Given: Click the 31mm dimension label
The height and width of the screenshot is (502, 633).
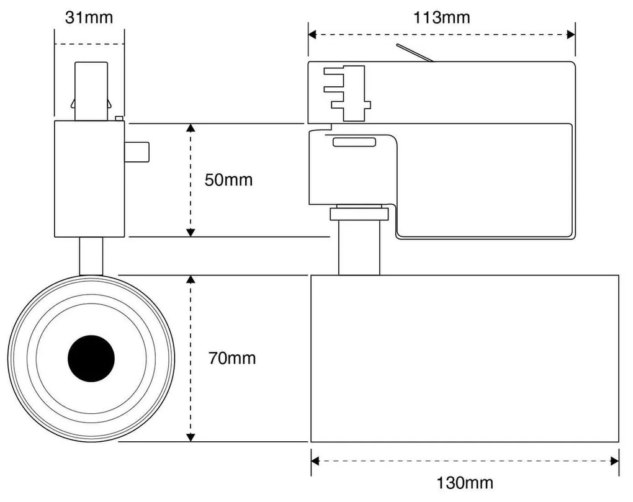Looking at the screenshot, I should pyautogui.click(x=89, y=17).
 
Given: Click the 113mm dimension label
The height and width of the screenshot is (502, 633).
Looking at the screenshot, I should pyautogui.click(x=442, y=17).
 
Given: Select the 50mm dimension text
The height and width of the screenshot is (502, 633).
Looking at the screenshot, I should pyautogui.click(x=228, y=180).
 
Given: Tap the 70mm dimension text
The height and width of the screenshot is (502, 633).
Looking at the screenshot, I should pyautogui.click(x=231, y=358).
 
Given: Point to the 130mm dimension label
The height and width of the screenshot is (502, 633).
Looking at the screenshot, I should pyautogui.click(x=465, y=482).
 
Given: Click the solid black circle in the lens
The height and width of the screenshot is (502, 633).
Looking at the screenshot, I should pyautogui.click(x=91, y=358).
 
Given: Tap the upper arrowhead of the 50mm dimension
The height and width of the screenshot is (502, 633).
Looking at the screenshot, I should pyautogui.click(x=191, y=128).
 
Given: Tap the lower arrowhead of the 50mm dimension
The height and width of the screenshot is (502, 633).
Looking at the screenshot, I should pyautogui.click(x=191, y=232).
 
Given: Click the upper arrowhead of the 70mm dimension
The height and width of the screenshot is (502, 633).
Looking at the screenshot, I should pyautogui.click(x=191, y=280).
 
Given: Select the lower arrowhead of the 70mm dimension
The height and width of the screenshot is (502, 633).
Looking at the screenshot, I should pyautogui.click(x=191, y=437).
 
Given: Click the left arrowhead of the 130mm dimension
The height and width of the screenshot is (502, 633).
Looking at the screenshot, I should pyautogui.click(x=315, y=461).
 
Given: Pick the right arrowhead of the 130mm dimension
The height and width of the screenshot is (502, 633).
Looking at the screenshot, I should pyautogui.click(x=614, y=461).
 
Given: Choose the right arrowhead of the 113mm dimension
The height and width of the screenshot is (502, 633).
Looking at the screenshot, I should pyautogui.click(x=571, y=35).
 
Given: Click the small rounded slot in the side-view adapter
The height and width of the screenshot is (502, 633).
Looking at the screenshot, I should pyautogui.click(x=354, y=142).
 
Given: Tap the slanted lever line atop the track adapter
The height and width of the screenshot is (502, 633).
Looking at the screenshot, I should pyautogui.click(x=415, y=53).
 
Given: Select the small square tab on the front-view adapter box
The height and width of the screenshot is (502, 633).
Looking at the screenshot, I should pyautogui.click(x=137, y=152).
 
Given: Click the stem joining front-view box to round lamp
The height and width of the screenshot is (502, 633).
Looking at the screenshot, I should pyautogui.click(x=91, y=256).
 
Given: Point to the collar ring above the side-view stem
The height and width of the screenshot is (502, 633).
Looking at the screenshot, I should pyautogui.click(x=359, y=214).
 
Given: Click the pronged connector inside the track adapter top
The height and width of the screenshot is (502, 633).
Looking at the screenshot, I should pyautogui.click(x=346, y=92).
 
